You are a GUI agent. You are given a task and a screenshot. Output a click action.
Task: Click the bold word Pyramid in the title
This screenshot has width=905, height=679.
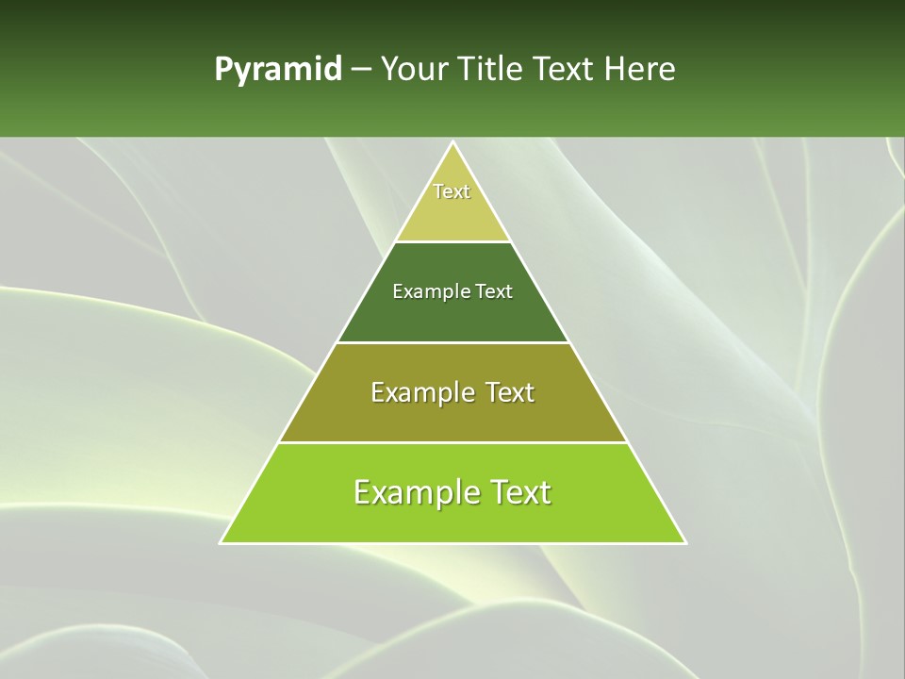pos(278,70)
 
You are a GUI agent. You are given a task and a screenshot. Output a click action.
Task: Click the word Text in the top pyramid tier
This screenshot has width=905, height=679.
pos(452,191)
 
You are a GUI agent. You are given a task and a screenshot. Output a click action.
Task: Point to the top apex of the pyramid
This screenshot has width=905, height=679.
pos(452,142)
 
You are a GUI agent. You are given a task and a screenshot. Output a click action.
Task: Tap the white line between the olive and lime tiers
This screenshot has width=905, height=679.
pos(452,442)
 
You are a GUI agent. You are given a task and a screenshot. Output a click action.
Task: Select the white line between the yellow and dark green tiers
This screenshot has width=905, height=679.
pos(452,241)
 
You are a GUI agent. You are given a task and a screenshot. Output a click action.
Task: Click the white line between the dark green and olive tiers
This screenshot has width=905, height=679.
pos(452,342)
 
